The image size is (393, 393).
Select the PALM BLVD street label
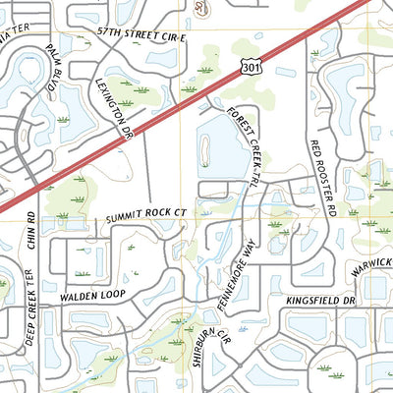[55, 72]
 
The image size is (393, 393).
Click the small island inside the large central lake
[206, 148]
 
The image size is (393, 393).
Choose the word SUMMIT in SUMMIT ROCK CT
[124, 213]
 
